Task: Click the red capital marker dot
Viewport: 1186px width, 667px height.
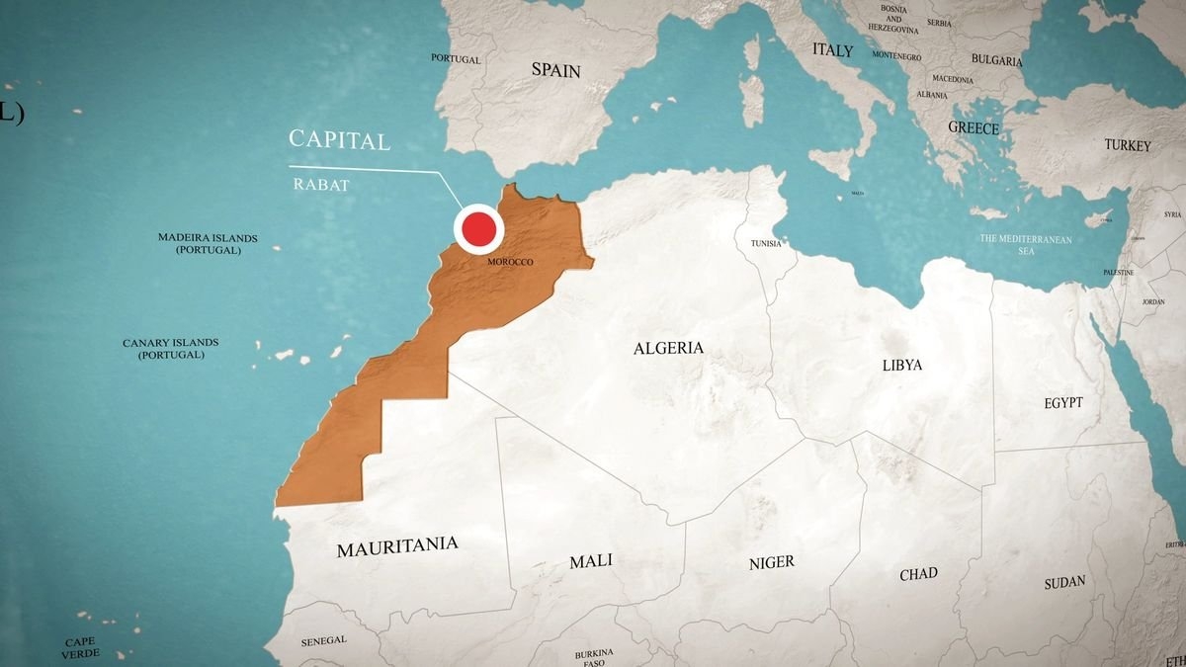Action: tap(478, 229)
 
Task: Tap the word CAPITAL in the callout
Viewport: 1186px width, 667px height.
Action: tap(339, 140)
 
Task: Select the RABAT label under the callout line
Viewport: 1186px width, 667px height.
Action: tap(321, 184)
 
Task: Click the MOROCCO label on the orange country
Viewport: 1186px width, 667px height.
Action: tap(510, 262)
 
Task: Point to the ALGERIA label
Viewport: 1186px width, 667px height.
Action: tap(668, 348)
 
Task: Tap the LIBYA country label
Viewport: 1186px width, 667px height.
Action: tap(901, 365)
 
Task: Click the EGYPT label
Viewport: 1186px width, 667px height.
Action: tap(1062, 403)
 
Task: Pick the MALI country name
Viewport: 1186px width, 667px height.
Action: tap(590, 561)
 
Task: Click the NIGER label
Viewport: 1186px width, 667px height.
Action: tap(771, 562)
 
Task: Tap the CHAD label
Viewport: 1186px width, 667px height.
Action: tap(918, 574)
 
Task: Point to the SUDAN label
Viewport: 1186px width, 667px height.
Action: tap(1064, 583)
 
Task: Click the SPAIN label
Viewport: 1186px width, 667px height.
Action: tap(555, 70)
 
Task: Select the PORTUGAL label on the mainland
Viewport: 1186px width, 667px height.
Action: tap(456, 59)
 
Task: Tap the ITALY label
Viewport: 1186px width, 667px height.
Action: tap(832, 49)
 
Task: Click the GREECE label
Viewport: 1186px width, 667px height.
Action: tap(974, 127)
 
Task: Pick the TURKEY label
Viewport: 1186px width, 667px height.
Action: tap(1128, 145)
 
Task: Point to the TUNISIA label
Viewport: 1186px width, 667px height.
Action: tap(765, 243)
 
